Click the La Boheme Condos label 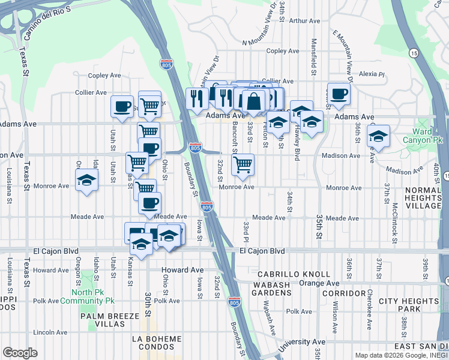pyautogui.click(x=157, y=343)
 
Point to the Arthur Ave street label pyautogui.click(x=304, y=21)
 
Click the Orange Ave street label pyautogui.click(x=319, y=283)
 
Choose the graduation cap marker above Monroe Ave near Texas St pyautogui.click(x=87, y=180)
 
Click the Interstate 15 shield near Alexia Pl pyautogui.click(x=415, y=53)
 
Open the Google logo pyautogui.click(x=20, y=352)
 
